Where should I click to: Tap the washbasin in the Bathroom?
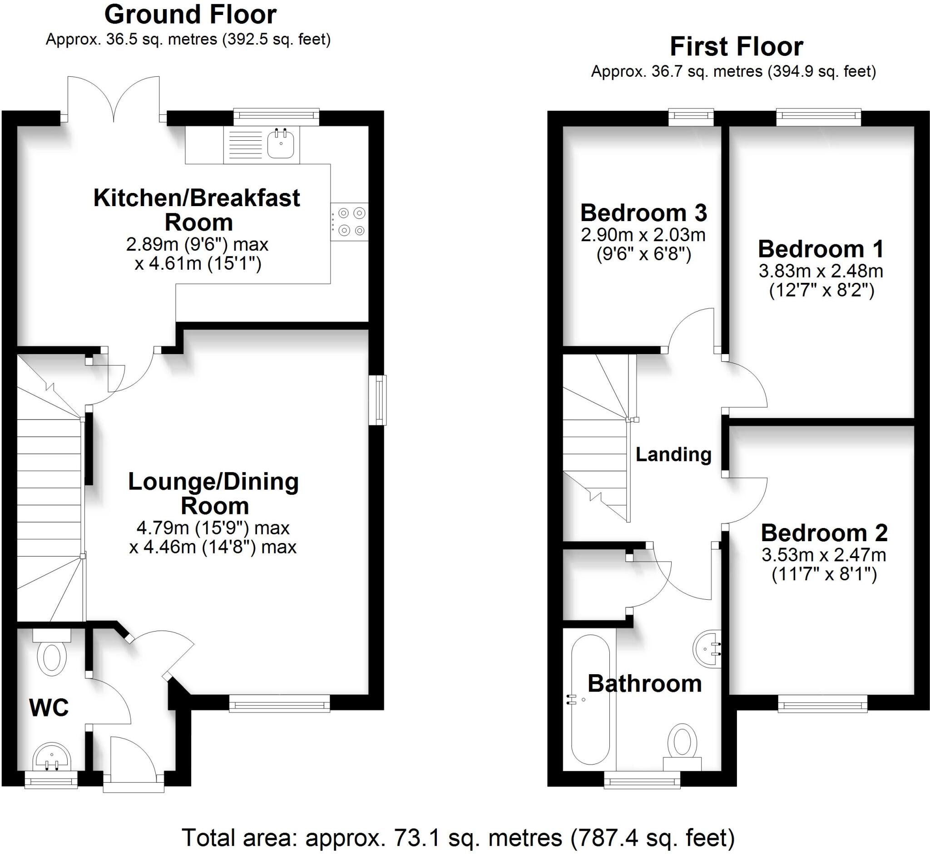click(707, 648)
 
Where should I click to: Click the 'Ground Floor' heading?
click(190, 15)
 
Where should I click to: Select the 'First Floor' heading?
click(737, 47)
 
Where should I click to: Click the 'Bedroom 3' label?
click(643, 213)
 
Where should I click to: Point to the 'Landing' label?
click(673, 454)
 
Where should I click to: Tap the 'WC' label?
click(49, 707)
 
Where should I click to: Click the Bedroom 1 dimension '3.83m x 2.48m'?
click(821, 271)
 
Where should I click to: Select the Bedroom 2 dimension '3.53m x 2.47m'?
click(824, 554)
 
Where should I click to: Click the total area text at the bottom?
click(458, 837)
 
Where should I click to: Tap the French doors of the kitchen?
click(114, 99)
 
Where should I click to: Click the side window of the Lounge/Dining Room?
click(379, 400)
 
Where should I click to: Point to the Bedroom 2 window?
click(822, 706)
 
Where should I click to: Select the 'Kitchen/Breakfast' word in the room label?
click(197, 198)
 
